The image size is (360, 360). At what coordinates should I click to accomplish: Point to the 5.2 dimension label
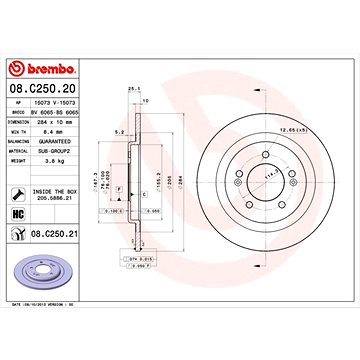[119, 131]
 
